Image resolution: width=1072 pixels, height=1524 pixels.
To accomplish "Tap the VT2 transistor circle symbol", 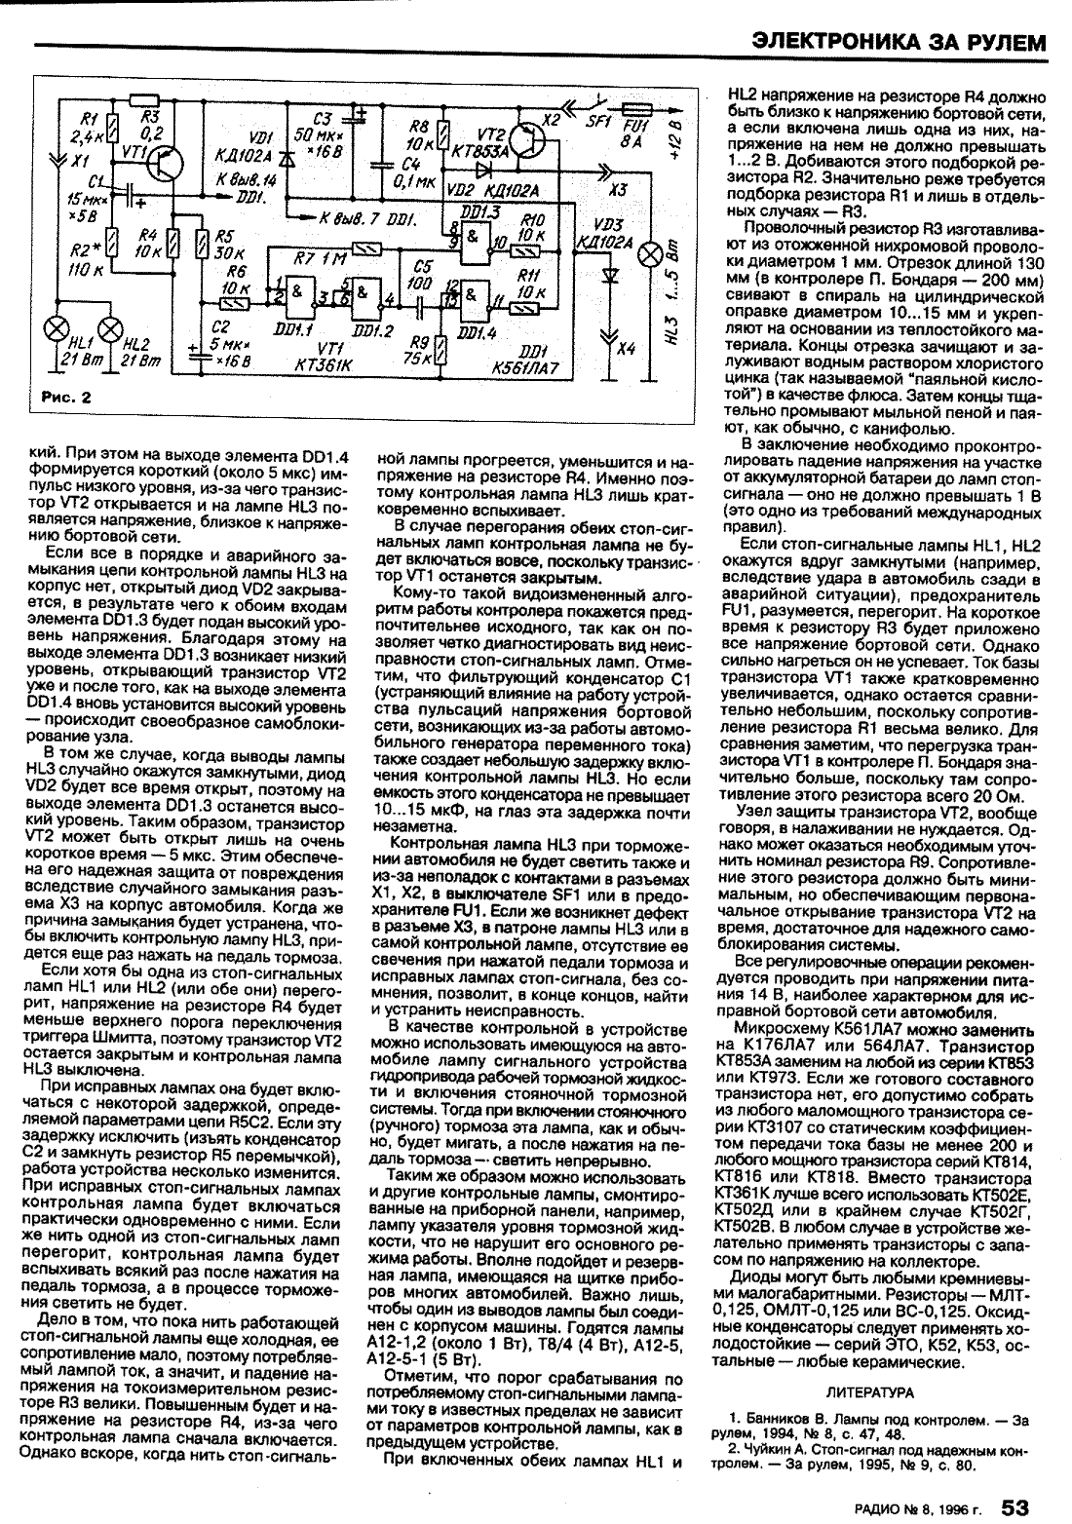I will tap(529, 139).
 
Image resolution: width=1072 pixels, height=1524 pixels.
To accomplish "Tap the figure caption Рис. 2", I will tap(66, 397).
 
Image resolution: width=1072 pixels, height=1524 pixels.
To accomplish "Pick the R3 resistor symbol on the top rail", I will tap(143, 98).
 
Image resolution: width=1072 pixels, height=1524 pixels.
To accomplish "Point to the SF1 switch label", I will tap(595, 124).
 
